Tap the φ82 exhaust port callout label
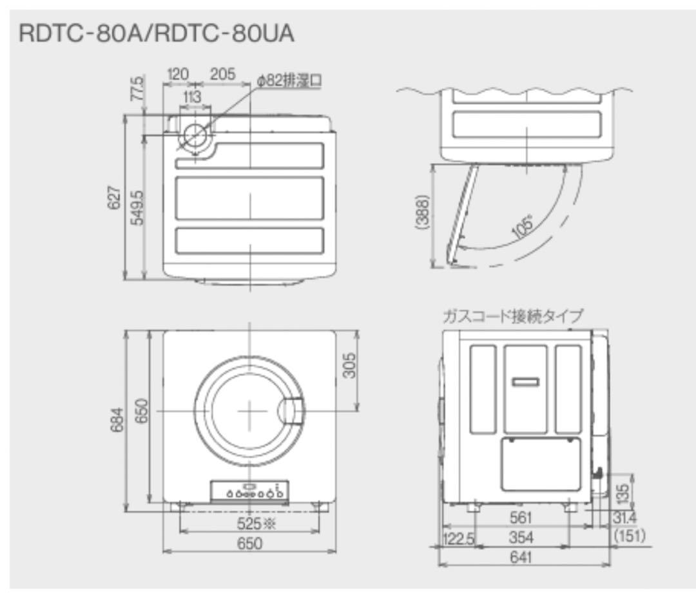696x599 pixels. (288, 81)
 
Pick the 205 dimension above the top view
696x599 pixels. (222, 74)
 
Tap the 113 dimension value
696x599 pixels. (191, 97)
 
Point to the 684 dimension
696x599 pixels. (116, 421)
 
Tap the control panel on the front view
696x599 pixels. (249, 492)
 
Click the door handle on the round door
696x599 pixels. (293, 410)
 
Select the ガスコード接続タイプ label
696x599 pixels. (512, 316)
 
